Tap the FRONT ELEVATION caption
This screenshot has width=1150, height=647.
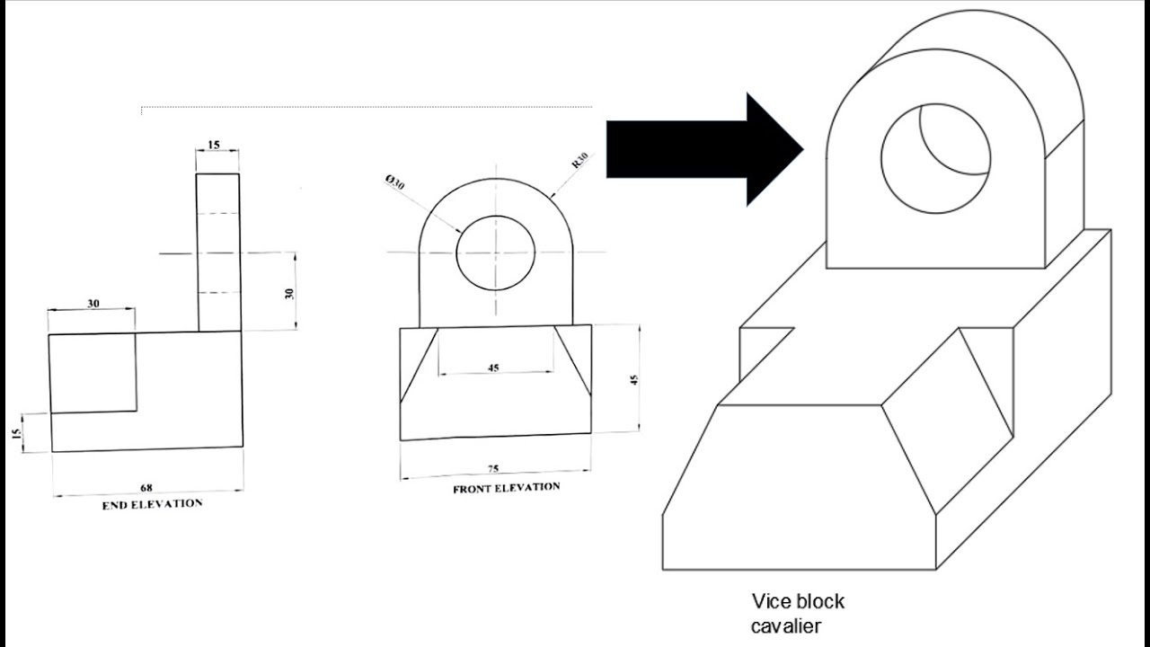point(506,488)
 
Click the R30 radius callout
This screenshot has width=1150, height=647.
point(579,162)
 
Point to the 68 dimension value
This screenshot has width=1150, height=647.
point(146,487)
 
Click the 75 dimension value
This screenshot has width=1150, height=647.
point(492,468)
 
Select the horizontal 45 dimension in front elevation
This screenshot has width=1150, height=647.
point(493,367)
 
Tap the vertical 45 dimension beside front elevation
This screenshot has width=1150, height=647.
point(633,378)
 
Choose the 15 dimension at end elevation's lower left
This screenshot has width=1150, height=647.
point(16,433)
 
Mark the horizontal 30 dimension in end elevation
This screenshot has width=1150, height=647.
point(93,304)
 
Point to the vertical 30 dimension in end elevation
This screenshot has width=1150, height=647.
point(289,293)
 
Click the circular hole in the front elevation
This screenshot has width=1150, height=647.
point(495,253)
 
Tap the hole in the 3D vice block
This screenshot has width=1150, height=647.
point(935,158)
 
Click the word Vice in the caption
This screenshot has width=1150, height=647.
point(770,601)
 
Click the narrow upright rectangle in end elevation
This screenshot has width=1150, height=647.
point(218,253)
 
